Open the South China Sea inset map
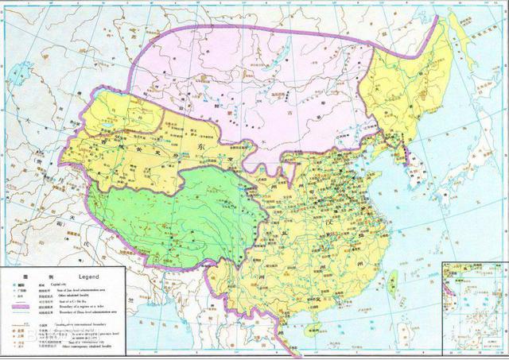[474, 305]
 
